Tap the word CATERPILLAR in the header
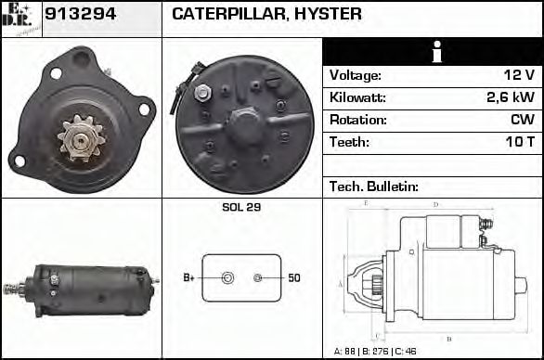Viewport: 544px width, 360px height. pyautogui.click(x=229, y=15)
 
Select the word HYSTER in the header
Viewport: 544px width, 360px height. pyautogui.click(x=328, y=15)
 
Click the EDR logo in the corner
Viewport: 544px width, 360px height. pyautogui.click(x=20, y=18)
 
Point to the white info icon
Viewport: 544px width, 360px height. pyautogui.click(x=432, y=52)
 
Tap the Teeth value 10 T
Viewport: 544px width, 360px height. pyautogui.click(x=517, y=143)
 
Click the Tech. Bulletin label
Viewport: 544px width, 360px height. pyautogui.click(x=374, y=187)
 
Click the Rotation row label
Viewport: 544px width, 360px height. pyautogui.click(x=356, y=121)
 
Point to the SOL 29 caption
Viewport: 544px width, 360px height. pyautogui.click(x=240, y=207)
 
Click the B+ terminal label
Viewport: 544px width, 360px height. pyautogui.click(x=188, y=277)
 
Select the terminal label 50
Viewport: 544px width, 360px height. pyautogui.click(x=293, y=277)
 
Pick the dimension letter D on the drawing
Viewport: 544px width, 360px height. pyautogui.click(x=435, y=204)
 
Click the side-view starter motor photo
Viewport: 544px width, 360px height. pyautogui.click(x=82, y=290)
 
